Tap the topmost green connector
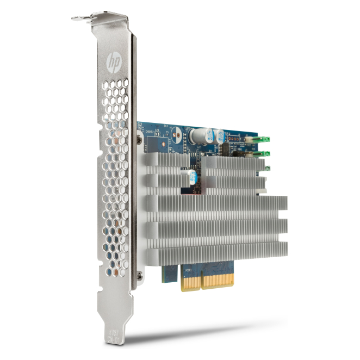[264, 139]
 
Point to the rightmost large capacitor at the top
[220, 137]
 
